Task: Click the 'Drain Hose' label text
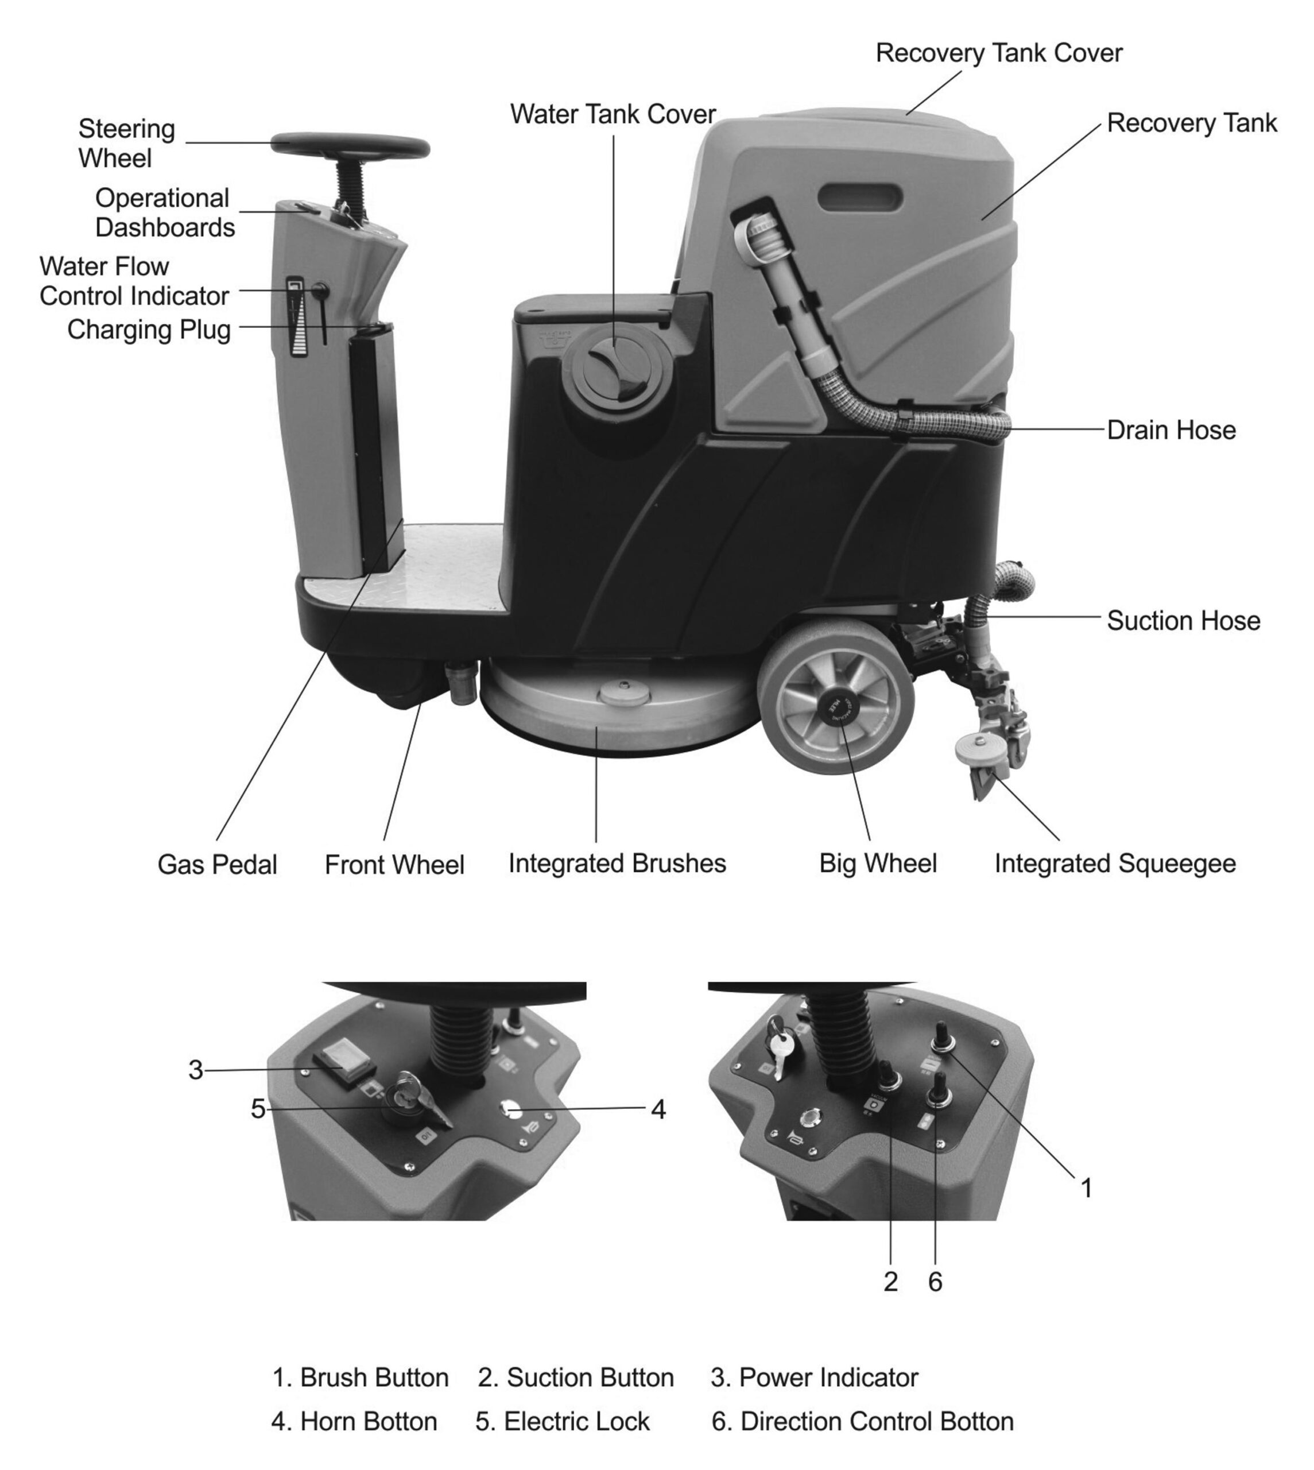1170,430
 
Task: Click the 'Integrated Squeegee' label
1115,864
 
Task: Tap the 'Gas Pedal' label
218,865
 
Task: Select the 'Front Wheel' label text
394,865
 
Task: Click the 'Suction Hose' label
1183,621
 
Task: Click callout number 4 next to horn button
658,1110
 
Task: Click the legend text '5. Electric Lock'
563,1422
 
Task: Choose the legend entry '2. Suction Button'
575,1378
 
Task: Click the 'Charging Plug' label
149,330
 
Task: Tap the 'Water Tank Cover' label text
613,114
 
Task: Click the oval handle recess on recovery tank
861,196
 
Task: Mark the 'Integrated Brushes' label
617,864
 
